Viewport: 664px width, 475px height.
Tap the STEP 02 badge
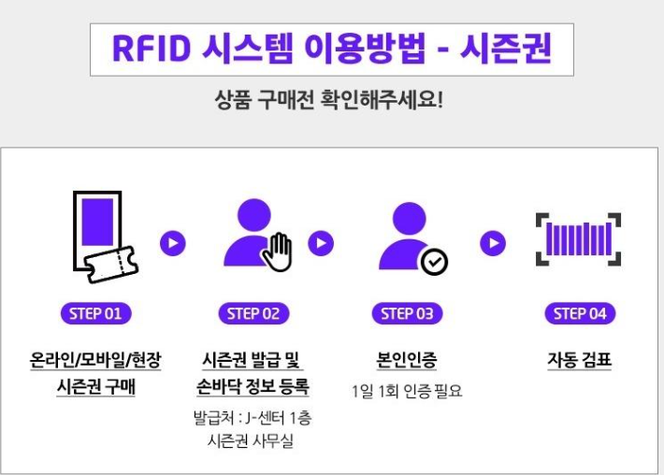pyautogui.click(x=253, y=313)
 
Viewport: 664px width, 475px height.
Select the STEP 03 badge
pyautogui.click(x=407, y=313)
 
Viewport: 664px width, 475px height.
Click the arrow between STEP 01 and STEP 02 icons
pyautogui.click(x=173, y=244)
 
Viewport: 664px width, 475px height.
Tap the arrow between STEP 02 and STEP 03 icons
pyautogui.click(x=321, y=244)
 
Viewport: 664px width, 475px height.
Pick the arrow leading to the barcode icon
pyautogui.click(x=493, y=244)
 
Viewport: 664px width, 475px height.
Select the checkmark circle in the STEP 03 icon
pyautogui.click(x=434, y=263)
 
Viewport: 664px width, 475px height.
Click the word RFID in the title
pyautogui.click(x=151, y=49)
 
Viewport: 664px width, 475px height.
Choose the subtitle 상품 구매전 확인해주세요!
pyautogui.click(x=329, y=99)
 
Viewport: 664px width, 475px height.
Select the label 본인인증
pyautogui.click(x=406, y=359)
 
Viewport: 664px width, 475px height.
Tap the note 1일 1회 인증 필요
pyautogui.click(x=407, y=390)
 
